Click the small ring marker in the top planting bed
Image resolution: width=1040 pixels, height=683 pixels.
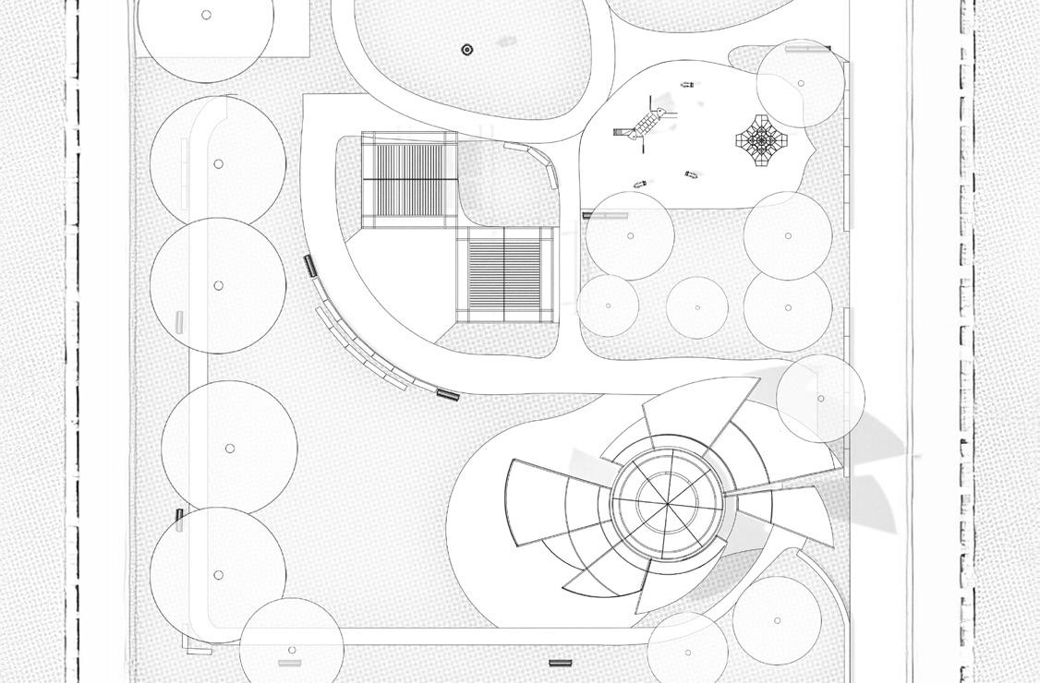467,49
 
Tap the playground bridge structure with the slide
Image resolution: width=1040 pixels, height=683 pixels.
641,126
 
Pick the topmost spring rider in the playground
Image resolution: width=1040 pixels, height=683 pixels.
686,85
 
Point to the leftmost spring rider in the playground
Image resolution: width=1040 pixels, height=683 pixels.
639,185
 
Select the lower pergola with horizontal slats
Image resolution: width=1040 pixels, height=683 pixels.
510,274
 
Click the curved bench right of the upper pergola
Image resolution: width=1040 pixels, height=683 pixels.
537,162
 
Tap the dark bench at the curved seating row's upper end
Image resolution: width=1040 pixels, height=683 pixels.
310,266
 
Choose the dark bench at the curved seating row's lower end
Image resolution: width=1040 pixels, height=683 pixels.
448,394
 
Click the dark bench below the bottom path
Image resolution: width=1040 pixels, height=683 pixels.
560,663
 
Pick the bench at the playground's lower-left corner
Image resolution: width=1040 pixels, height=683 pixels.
605,216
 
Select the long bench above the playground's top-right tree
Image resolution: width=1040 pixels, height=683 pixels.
808,49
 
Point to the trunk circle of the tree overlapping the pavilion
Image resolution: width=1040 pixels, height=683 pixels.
821,399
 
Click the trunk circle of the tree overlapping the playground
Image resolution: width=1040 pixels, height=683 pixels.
801,83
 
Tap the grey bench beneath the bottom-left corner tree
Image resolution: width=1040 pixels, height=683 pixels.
289,663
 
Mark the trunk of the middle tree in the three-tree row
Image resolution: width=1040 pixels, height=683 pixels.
697,307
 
